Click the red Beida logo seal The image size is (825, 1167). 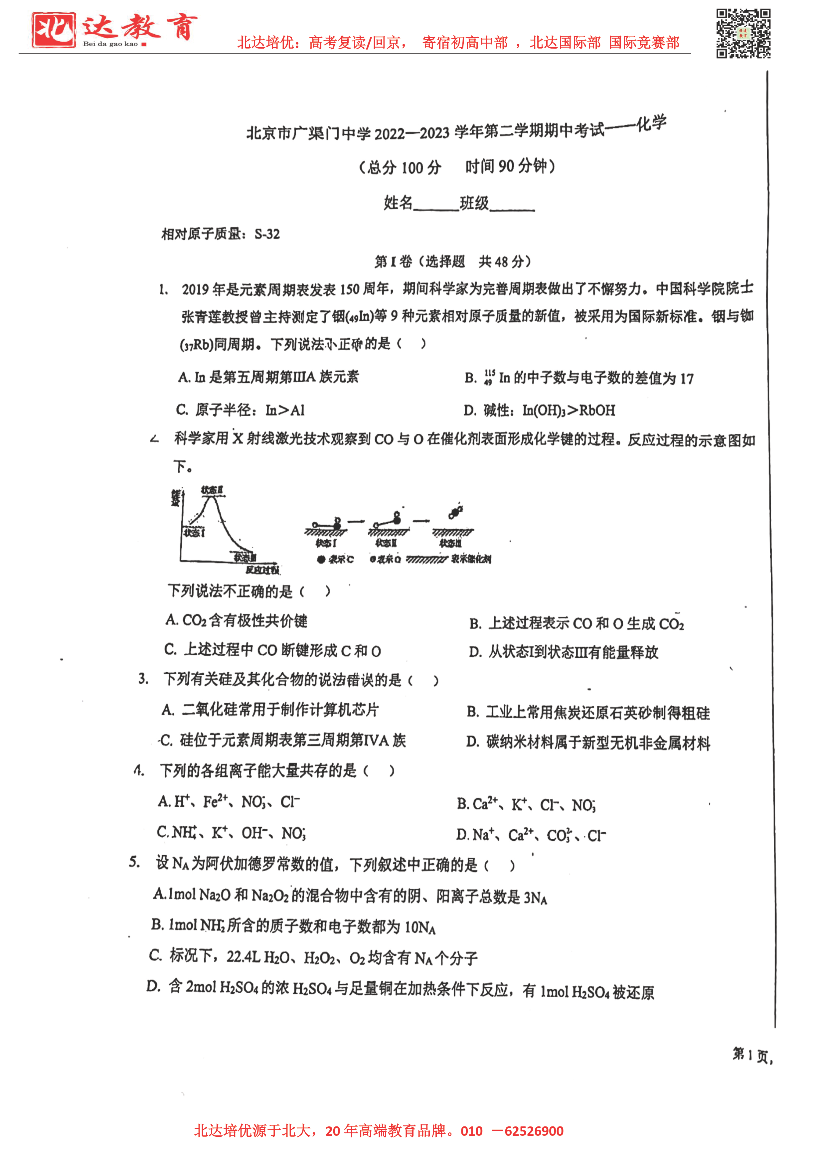(53, 30)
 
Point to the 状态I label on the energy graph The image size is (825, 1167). (194, 532)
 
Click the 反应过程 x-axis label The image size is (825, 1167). (262, 569)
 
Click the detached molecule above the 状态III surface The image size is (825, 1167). (455, 512)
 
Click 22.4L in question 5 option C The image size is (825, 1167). (243, 957)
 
